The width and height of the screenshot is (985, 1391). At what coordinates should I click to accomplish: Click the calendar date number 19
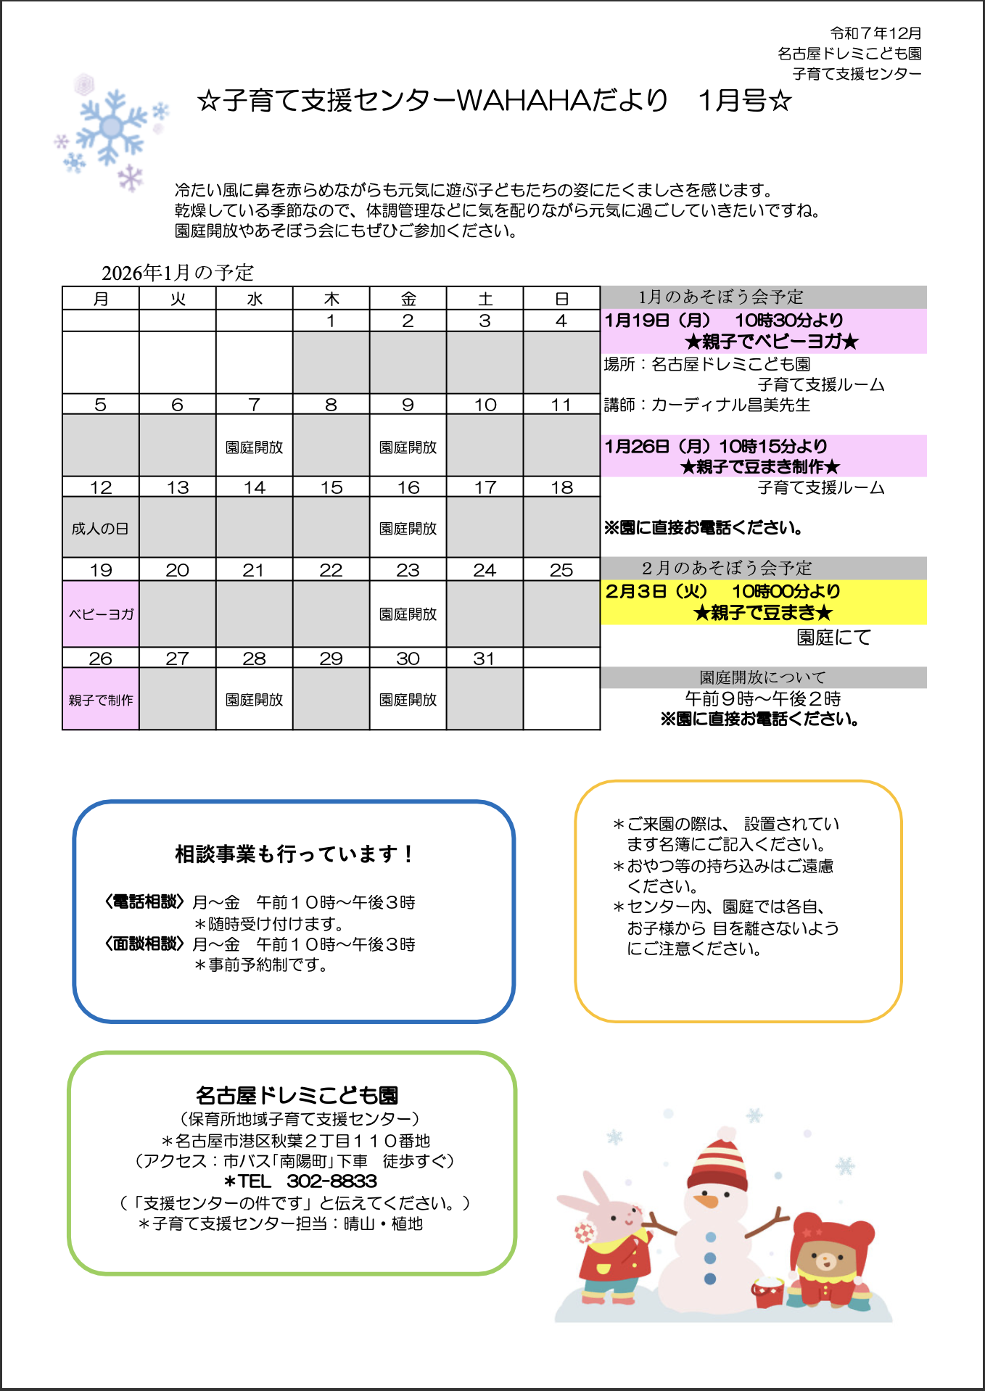pos(101,570)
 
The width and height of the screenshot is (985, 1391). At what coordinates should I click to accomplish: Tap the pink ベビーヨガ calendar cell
pos(101,614)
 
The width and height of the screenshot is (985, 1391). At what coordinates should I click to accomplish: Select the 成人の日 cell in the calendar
pos(101,528)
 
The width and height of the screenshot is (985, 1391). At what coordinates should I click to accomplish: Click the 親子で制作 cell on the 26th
pos(101,700)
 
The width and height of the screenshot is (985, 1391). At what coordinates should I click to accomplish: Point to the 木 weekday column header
pos(331,299)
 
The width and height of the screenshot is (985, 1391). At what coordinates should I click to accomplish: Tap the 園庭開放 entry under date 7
pos(254,447)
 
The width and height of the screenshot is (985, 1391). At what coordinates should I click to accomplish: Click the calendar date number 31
pos(484,659)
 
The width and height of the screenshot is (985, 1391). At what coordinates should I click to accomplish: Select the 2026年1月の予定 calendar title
pos(178,273)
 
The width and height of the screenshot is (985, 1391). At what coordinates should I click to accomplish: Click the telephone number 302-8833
pos(331,1181)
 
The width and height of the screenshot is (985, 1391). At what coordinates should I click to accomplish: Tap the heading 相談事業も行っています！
pos(294,854)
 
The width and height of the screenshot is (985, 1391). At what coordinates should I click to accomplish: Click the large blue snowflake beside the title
pos(111,128)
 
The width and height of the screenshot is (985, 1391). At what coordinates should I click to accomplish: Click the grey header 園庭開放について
pos(763,677)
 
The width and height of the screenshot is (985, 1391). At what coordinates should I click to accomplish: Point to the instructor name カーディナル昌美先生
pos(730,405)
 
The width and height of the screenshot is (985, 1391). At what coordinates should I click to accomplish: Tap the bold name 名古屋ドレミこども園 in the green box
pos(297,1095)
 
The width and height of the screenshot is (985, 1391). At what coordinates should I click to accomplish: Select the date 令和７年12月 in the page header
pos(875,33)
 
